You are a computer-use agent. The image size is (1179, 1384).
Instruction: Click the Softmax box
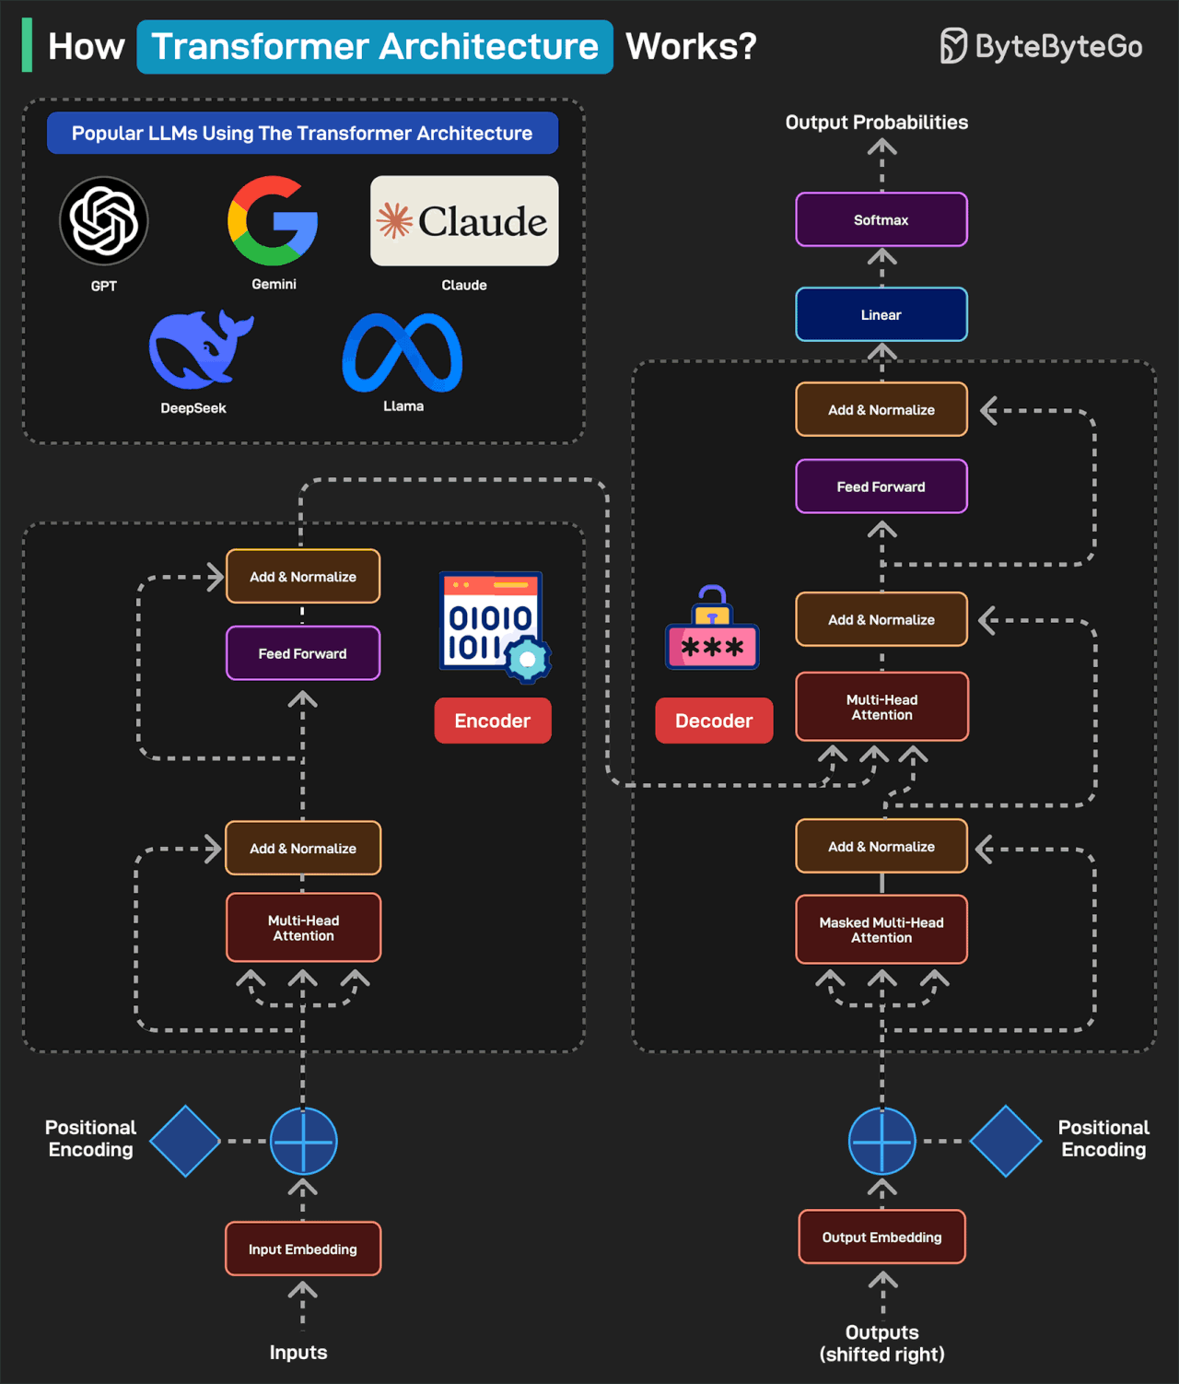click(881, 219)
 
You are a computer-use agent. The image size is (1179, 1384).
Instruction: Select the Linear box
click(881, 314)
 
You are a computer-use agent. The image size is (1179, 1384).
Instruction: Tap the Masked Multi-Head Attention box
click(881, 930)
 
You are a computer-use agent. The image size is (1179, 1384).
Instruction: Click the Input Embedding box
click(303, 1249)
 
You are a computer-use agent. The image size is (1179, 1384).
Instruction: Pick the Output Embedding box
click(881, 1237)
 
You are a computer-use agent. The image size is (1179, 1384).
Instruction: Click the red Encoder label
click(493, 721)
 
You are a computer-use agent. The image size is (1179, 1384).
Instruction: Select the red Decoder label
click(714, 721)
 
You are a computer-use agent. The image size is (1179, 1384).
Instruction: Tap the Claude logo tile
click(464, 221)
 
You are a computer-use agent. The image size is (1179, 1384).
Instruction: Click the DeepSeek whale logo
click(201, 350)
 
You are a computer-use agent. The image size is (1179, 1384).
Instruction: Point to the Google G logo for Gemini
click(274, 221)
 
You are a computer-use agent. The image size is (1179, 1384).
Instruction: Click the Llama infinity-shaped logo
click(403, 353)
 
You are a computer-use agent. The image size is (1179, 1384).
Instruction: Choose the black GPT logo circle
click(104, 221)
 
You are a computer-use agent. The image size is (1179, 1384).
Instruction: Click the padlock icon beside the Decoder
click(712, 629)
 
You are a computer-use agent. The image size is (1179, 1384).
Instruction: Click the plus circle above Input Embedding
click(303, 1141)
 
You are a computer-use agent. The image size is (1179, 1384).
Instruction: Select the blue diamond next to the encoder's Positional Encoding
click(185, 1141)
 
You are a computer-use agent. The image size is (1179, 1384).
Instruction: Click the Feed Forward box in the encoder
click(303, 653)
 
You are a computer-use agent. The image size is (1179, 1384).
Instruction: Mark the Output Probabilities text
click(876, 123)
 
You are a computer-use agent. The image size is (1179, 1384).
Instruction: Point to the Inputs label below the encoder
click(298, 1352)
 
